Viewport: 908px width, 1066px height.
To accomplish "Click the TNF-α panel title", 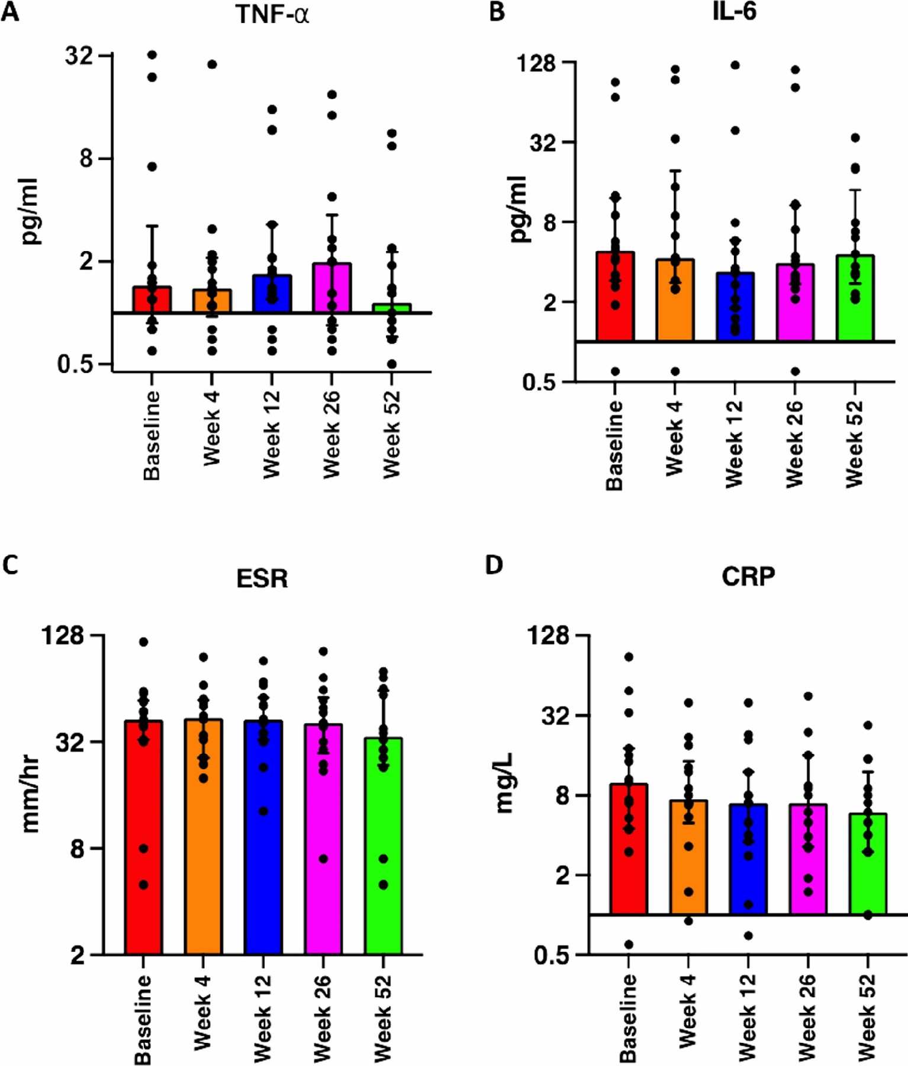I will pyautogui.click(x=272, y=14).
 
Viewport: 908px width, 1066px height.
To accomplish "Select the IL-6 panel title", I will pyautogui.click(x=734, y=12).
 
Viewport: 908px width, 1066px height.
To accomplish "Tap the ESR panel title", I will pyautogui.click(x=262, y=579).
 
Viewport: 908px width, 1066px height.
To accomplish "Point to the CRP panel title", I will pyautogui.click(x=748, y=576).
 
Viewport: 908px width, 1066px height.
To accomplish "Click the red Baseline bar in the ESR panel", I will pyautogui.click(x=143, y=841).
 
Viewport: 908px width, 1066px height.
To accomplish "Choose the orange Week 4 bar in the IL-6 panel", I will pyautogui.click(x=675, y=302).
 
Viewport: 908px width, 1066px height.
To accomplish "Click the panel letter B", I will pyautogui.click(x=497, y=12).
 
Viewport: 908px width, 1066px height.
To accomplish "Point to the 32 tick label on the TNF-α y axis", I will pyautogui.click(x=79, y=56).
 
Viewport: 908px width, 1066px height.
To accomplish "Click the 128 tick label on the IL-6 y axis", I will pyautogui.click(x=536, y=62).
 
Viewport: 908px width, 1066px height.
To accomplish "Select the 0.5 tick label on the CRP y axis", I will pyautogui.click(x=550, y=955).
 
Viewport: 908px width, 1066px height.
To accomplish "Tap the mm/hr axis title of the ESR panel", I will pyautogui.click(x=30, y=794).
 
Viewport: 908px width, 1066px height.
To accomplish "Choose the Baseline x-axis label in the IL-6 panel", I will pyautogui.click(x=614, y=445).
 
